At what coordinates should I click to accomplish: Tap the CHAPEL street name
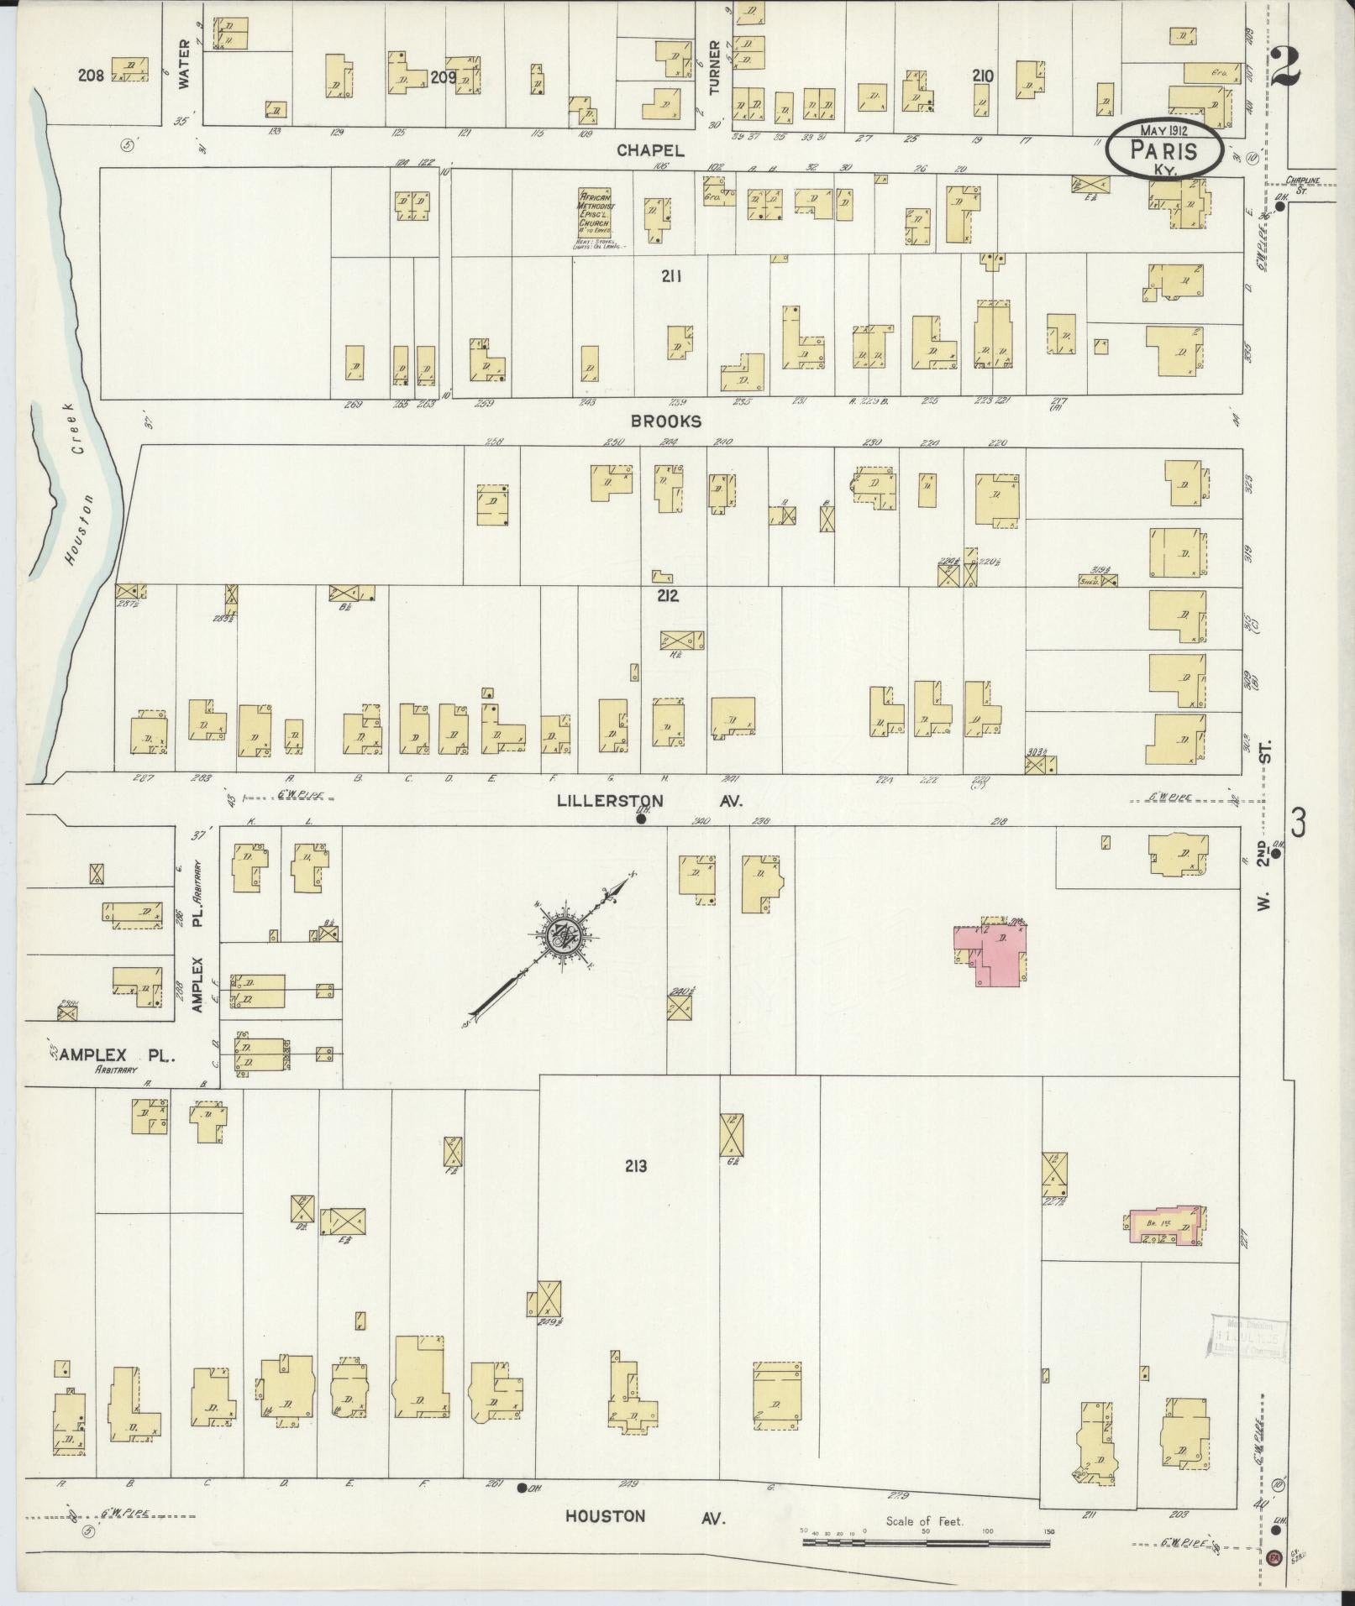tap(650, 150)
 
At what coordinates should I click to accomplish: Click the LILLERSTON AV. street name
tap(650, 801)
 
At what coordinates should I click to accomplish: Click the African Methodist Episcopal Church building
tap(594, 211)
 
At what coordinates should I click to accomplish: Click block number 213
tap(636, 1166)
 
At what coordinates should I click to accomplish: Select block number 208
tap(91, 76)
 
